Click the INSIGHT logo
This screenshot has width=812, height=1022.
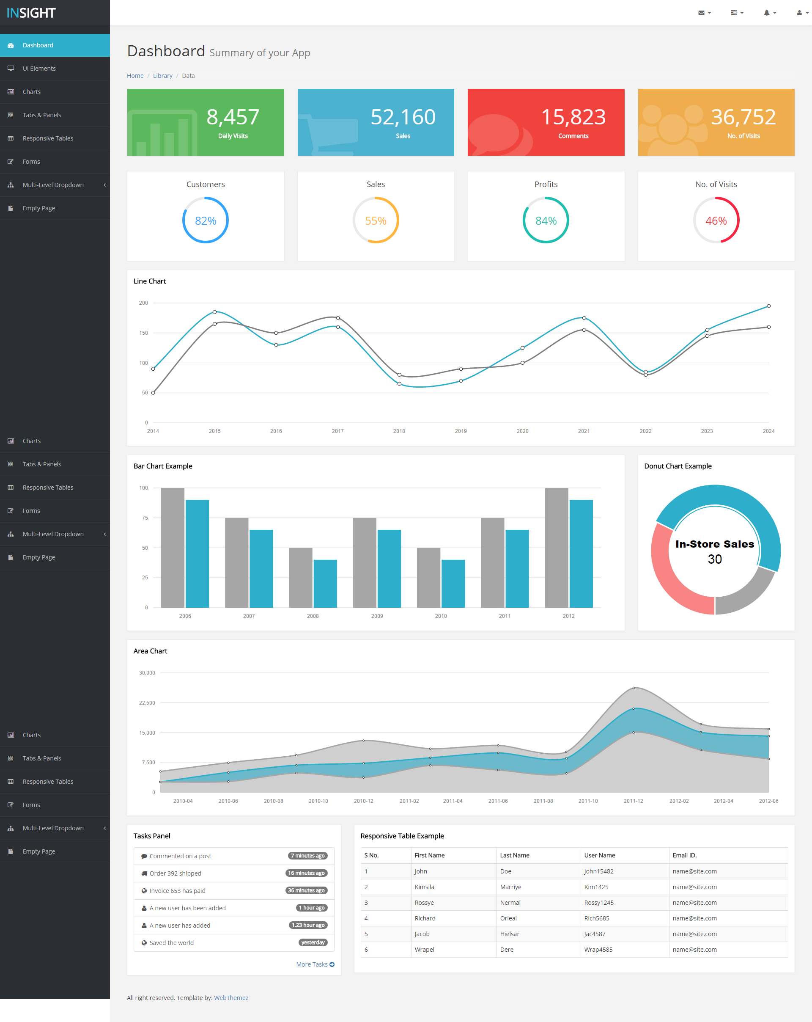point(31,13)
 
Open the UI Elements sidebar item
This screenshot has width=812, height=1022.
point(39,69)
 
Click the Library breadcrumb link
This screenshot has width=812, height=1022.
point(162,76)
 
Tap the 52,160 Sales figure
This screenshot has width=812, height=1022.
point(403,117)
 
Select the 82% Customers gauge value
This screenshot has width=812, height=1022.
point(206,221)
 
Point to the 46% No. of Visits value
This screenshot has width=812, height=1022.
point(716,221)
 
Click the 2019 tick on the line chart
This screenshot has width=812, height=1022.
point(461,431)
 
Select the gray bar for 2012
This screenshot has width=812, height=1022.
point(556,548)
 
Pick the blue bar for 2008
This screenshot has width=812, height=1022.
point(325,584)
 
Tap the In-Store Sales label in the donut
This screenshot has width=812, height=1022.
point(714,544)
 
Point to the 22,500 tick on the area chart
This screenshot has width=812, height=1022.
point(147,703)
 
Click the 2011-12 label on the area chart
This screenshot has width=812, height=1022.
point(633,801)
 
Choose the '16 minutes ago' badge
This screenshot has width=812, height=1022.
point(307,873)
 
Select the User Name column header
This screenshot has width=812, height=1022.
point(599,856)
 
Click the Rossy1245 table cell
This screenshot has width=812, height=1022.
point(598,903)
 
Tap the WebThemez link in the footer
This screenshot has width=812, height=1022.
point(231,998)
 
